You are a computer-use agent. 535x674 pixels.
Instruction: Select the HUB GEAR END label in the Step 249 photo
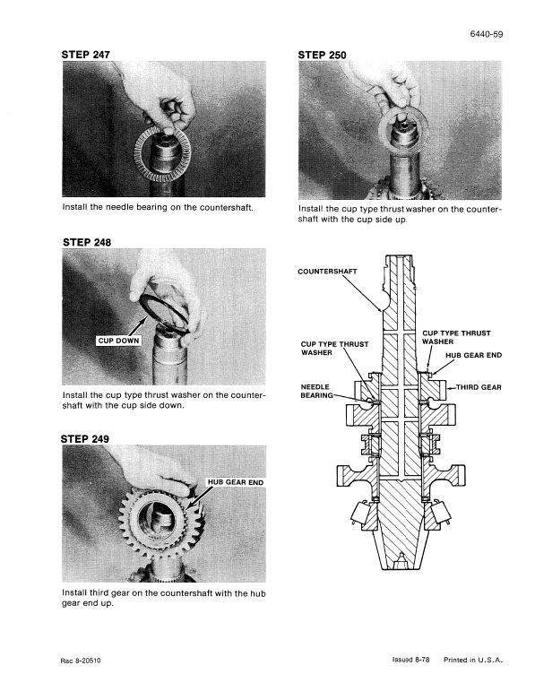236,481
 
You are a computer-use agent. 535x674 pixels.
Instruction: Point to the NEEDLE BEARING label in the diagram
317,390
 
